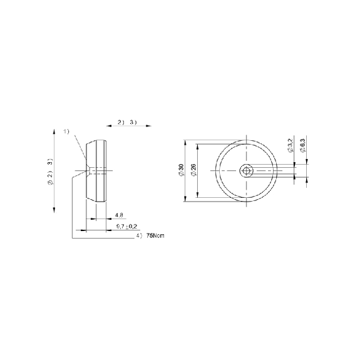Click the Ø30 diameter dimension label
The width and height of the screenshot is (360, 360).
[181, 170]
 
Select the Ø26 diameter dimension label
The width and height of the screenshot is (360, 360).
[193, 170]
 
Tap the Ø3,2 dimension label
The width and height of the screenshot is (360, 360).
[291, 145]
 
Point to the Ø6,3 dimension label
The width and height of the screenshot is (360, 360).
[303, 145]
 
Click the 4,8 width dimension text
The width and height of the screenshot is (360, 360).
[119, 215]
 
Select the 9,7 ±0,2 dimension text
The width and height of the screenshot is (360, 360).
[126, 227]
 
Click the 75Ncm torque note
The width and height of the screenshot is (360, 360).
[155, 235]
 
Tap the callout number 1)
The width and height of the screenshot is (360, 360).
[66, 131]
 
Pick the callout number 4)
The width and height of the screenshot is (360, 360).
[140, 235]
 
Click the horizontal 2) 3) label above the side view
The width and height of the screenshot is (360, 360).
[127, 122]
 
